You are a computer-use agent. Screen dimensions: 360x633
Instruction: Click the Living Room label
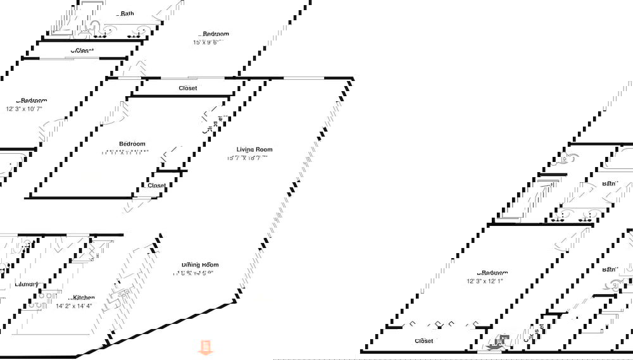click(x=254, y=149)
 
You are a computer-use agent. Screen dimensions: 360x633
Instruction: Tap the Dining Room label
click(x=200, y=265)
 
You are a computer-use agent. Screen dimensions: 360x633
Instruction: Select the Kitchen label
click(x=83, y=297)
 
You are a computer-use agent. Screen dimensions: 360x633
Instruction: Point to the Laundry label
click(x=27, y=284)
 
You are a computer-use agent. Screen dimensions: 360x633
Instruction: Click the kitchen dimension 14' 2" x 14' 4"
click(x=74, y=306)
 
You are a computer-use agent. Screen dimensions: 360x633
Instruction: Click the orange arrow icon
click(x=205, y=347)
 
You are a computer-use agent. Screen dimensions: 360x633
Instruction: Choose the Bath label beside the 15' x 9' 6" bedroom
click(x=127, y=13)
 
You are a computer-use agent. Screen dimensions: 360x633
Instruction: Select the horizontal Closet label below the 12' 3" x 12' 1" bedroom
click(x=423, y=341)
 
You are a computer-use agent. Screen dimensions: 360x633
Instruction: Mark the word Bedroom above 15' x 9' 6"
click(x=215, y=34)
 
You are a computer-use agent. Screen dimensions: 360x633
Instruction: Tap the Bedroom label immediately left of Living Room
click(x=132, y=144)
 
